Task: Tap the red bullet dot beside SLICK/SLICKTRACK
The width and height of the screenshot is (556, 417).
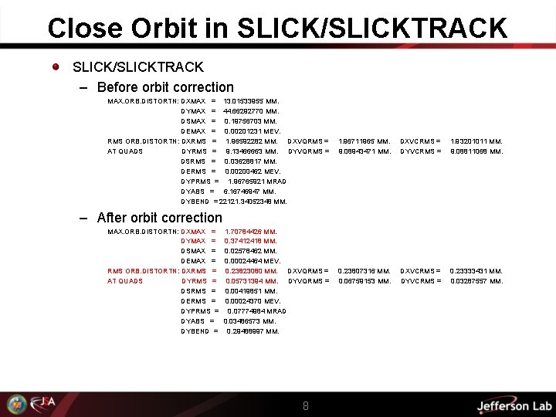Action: (x=57, y=66)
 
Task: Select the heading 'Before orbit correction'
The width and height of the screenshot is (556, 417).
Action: (x=165, y=87)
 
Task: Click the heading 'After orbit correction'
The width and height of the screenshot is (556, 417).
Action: (x=160, y=218)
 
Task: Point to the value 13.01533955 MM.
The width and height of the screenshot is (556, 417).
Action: (x=251, y=101)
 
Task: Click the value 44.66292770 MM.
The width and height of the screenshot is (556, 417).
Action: (x=251, y=111)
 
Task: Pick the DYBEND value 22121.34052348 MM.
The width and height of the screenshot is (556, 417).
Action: (x=253, y=202)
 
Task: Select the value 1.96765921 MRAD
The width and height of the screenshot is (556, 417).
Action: (x=257, y=181)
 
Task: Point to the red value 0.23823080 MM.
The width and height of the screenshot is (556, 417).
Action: (x=252, y=271)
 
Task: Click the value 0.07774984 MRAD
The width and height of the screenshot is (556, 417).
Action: (x=257, y=311)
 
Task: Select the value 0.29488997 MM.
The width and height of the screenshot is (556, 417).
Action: (x=253, y=331)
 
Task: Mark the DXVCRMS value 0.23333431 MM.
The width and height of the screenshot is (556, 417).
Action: (x=476, y=271)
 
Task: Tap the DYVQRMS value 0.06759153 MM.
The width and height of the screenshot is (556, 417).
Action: (x=364, y=281)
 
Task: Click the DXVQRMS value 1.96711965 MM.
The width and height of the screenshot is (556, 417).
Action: (x=364, y=141)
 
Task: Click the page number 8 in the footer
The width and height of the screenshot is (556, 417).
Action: (x=306, y=405)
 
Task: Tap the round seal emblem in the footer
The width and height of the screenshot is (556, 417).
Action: (x=16, y=405)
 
